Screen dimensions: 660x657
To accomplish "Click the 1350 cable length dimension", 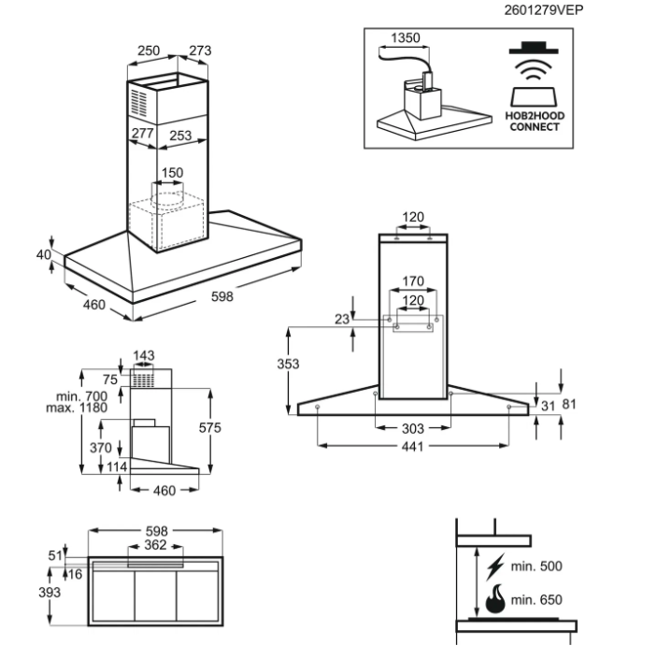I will coord(404,39).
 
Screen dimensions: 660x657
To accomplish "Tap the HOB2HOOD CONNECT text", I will coord(536,121).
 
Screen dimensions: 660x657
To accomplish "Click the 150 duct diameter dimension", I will coord(172,173).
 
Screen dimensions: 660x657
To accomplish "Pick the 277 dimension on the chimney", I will coord(143,135).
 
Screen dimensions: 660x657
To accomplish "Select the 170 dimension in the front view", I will coord(413,281).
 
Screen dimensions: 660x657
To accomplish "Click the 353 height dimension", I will coord(288,366).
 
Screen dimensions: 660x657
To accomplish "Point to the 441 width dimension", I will coord(413,446).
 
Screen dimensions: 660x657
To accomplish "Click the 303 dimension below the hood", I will coord(413,428).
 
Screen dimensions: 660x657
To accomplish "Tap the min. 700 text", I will coord(81,396).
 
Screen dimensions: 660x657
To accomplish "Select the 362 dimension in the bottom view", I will coord(154,544).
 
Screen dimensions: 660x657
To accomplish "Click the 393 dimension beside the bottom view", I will coord(50,593).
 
